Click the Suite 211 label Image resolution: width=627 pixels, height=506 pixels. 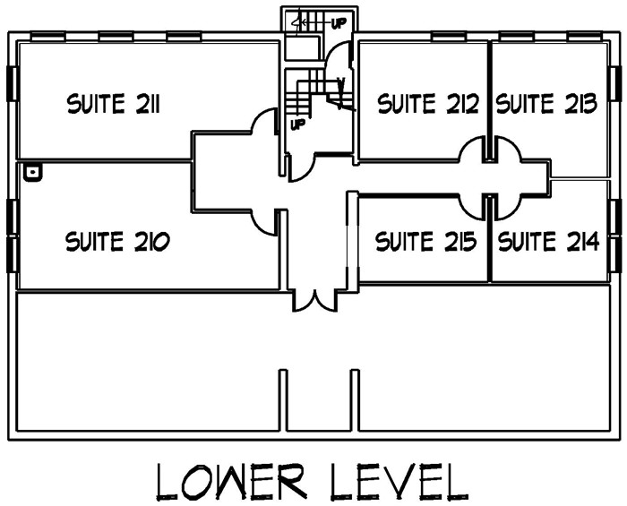click(114, 104)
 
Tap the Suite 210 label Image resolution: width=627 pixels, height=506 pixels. click(117, 241)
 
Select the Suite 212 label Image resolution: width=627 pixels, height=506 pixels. click(428, 104)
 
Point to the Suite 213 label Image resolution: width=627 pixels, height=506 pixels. click(546, 104)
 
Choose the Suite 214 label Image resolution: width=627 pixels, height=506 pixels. click(548, 241)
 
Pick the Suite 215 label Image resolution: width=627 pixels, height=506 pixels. click(425, 241)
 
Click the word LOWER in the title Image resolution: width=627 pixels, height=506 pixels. click(231, 482)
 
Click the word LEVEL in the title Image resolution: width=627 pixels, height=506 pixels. click(399, 482)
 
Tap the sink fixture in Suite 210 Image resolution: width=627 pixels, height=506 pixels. click(33, 172)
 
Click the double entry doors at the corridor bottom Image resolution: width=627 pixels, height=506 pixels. click(315, 301)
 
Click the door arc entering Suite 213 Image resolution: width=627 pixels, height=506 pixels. click(509, 148)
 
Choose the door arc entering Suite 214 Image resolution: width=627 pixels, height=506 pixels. click(509, 208)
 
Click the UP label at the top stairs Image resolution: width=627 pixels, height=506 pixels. click(339, 23)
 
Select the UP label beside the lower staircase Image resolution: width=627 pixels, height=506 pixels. click(297, 124)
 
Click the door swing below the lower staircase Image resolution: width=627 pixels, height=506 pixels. click(301, 168)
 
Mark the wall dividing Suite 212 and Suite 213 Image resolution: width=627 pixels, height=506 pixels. click(489, 100)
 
